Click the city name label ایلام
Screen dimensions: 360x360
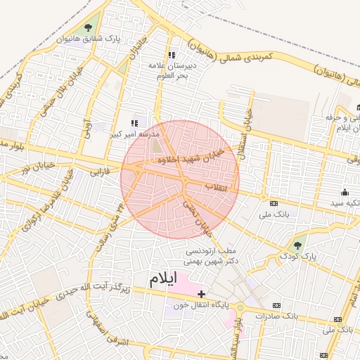(163, 278)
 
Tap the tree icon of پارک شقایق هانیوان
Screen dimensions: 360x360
(88, 28)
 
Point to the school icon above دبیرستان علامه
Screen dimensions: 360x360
(171, 55)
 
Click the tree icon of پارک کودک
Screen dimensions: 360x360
(297, 247)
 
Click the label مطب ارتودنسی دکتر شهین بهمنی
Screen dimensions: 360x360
(212, 255)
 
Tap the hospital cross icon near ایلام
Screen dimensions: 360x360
(202, 293)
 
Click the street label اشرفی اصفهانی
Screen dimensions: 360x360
(109, 331)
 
